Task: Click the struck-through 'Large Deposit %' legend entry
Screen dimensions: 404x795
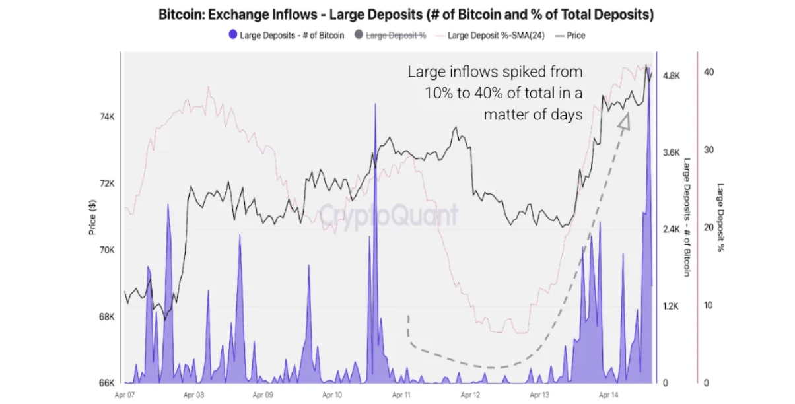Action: point(396,36)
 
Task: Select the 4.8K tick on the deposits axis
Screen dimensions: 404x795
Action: point(671,77)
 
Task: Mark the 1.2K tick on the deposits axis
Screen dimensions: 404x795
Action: point(671,306)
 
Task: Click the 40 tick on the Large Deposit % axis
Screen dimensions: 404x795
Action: point(709,73)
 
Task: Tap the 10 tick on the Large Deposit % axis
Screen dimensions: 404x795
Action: point(709,306)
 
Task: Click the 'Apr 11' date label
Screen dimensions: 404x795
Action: point(401,396)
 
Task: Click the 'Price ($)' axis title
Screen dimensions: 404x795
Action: point(92,218)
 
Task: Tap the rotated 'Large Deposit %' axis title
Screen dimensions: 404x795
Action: point(721,218)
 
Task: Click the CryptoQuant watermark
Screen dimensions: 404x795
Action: point(389,215)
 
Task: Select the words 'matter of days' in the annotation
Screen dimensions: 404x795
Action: point(533,114)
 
